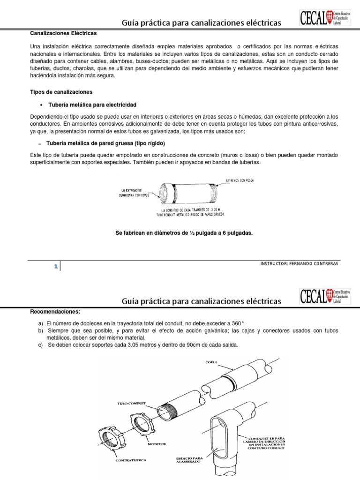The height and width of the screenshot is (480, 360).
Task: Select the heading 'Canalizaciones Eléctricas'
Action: coord(63,33)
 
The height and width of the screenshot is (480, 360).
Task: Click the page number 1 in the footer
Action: coord(56,266)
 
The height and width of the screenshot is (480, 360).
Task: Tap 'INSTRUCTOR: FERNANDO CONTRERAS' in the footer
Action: coord(299,263)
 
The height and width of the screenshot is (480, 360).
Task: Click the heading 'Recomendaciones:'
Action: coord(55,311)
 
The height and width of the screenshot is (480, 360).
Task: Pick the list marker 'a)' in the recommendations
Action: coord(41,323)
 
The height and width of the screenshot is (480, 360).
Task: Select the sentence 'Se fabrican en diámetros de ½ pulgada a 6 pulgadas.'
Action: coord(184,232)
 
